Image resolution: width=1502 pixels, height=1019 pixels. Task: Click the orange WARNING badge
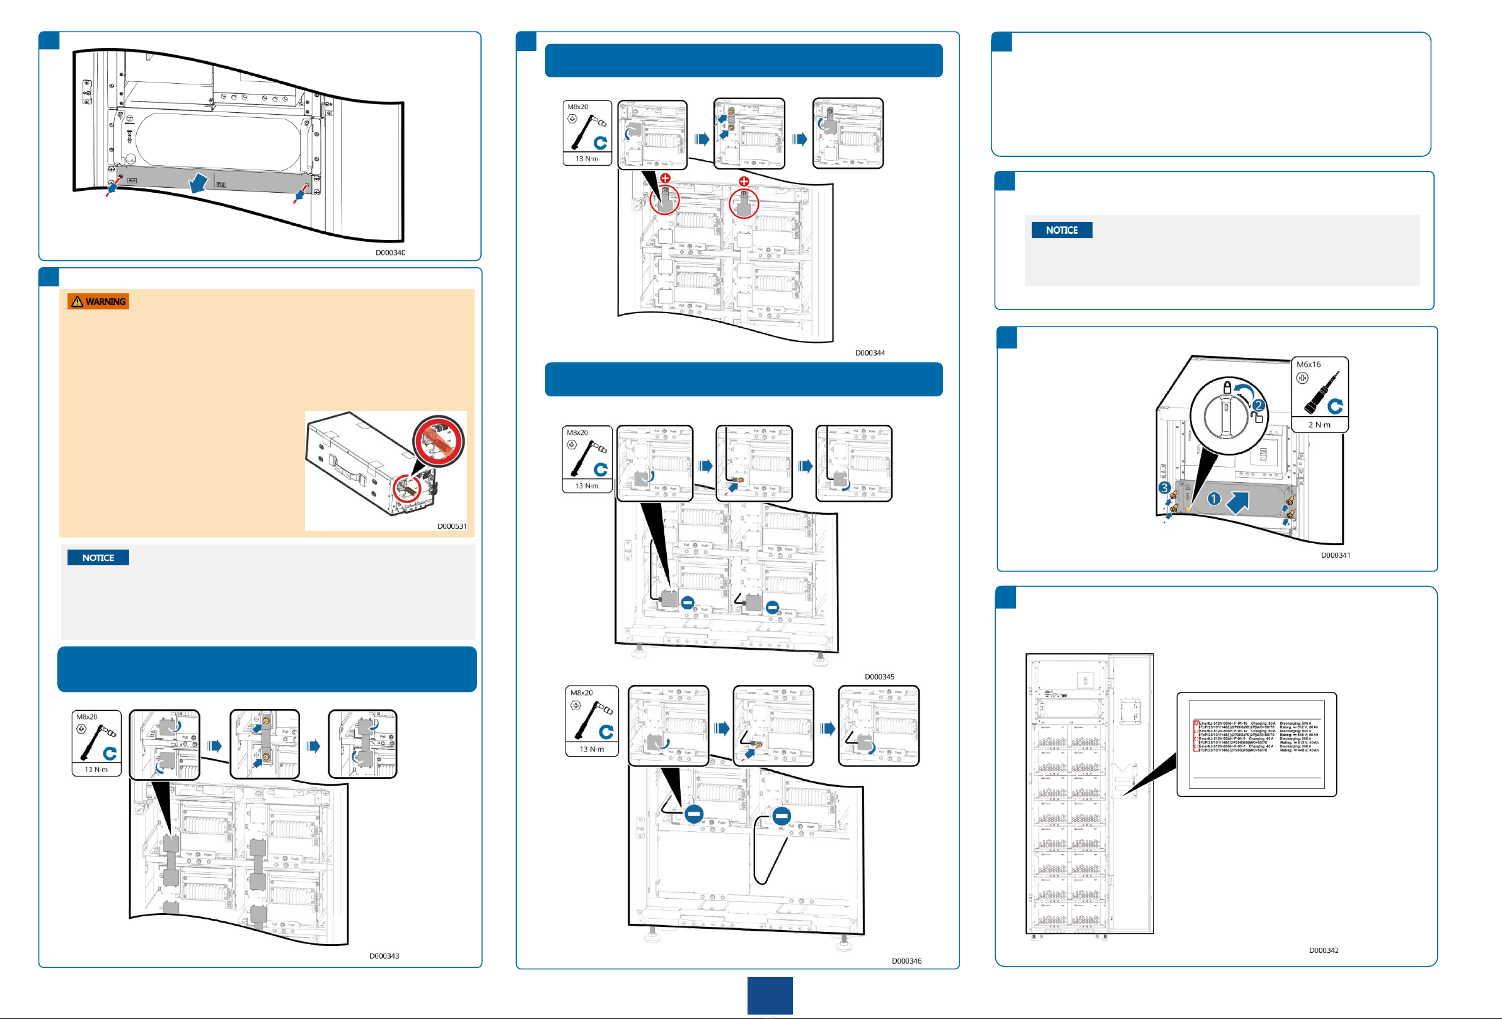point(98,302)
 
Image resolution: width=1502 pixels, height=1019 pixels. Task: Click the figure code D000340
point(390,253)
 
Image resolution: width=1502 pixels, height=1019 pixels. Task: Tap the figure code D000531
point(452,526)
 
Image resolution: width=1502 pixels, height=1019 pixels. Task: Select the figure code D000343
point(384,956)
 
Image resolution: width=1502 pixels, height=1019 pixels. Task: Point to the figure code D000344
point(870,353)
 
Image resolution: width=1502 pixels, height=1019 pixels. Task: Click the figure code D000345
point(880,677)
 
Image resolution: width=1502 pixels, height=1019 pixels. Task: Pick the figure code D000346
point(907,961)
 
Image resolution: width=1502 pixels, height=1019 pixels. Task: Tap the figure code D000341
point(1335,555)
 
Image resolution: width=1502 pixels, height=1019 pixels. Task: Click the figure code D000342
point(1324,950)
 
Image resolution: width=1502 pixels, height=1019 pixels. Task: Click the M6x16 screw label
point(1308,364)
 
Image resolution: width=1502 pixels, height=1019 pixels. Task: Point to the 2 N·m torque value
point(1320,425)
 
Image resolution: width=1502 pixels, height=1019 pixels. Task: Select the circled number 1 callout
point(1214,498)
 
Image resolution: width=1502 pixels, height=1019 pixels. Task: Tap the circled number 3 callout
point(1165,488)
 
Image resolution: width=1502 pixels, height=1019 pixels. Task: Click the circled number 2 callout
point(1257,405)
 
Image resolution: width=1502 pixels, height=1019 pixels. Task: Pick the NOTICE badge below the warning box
point(98,558)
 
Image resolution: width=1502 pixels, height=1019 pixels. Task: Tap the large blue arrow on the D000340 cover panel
point(199,183)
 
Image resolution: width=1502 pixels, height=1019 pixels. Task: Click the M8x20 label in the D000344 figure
point(578,107)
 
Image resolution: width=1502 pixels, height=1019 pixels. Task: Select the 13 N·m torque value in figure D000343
point(96,769)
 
